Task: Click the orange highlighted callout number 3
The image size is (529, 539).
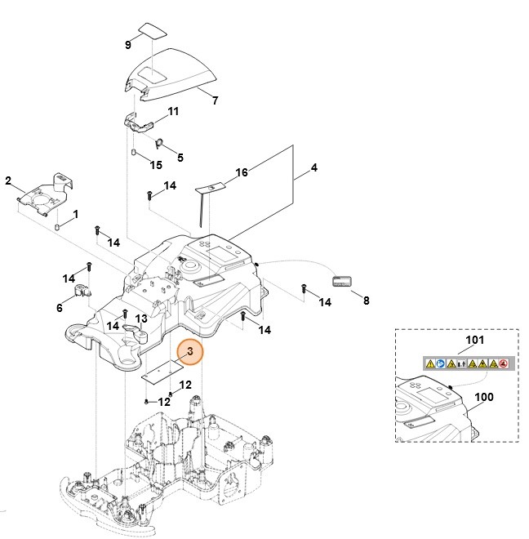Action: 189,352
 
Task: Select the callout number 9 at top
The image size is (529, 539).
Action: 128,44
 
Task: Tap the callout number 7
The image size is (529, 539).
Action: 215,101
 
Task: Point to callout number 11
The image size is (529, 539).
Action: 173,111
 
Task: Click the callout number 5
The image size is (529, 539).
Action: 180,157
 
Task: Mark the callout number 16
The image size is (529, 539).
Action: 242,172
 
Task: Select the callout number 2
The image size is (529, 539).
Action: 8,180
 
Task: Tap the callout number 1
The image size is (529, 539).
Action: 75,214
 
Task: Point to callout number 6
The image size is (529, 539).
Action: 59,307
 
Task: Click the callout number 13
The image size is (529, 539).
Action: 141,318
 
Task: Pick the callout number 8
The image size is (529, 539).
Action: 366,301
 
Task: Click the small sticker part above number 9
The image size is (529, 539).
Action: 152,30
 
